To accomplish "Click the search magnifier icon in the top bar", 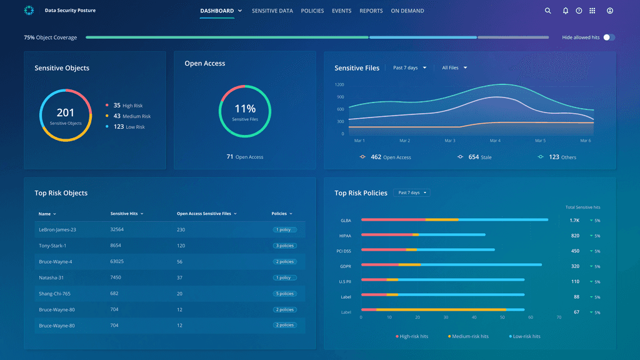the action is (547, 11).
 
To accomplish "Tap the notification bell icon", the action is (565, 11).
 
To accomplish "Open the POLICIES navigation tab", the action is (312, 11).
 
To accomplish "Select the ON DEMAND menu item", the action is (407, 11).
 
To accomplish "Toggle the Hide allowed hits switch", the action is (609, 37).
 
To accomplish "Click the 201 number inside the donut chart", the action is (65, 112).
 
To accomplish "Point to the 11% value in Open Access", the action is (245, 109).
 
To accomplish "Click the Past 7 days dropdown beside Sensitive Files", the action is (410, 67).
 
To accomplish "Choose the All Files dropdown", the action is (454, 67).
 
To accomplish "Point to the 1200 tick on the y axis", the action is (339, 84).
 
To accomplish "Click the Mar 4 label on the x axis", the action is (495, 141).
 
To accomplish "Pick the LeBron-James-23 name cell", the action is (57, 229).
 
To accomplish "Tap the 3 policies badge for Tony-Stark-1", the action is (284, 246).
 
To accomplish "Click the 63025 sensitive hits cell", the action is (117, 261).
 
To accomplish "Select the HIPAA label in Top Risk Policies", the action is (345, 236).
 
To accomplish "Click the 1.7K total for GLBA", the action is (574, 221).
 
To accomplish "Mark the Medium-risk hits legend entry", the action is (468, 336).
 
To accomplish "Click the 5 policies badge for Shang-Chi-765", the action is (284, 294).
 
